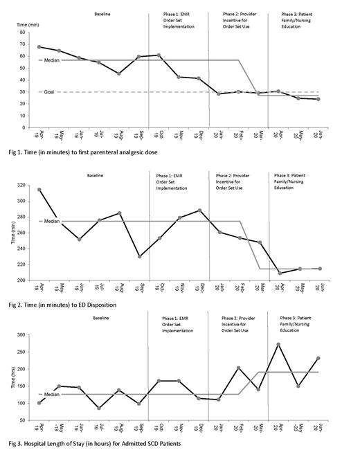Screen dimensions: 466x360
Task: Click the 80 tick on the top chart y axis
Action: (x=24, y=33)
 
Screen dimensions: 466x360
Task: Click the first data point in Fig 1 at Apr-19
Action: (x=39, y=47)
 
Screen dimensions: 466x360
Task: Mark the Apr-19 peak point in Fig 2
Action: (x=39, y=190)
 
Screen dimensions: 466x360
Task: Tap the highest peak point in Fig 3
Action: (x=279, y=344)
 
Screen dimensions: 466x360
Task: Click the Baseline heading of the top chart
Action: (x=107, y=13)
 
